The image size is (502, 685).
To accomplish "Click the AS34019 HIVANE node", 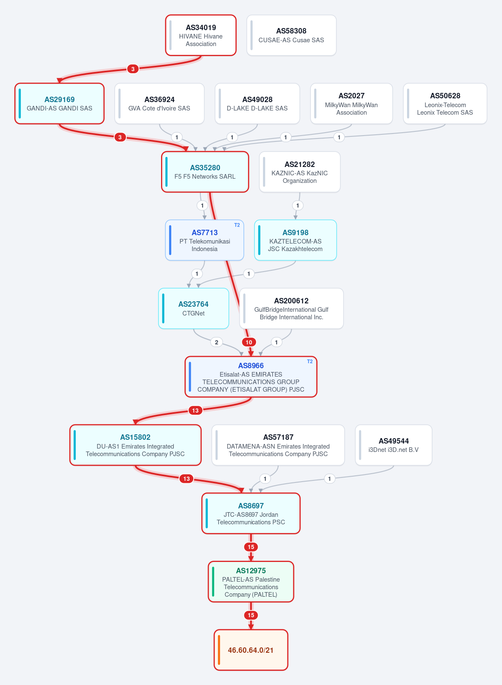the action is [201, 36].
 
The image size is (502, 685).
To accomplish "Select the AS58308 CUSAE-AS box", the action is [291, 36].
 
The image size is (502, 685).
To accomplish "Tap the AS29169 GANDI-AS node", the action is [59, 104].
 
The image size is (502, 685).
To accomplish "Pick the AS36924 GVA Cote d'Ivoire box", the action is [159, 104].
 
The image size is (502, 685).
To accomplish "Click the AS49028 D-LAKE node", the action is [257, 104].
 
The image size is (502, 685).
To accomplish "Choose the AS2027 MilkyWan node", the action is [351, 104].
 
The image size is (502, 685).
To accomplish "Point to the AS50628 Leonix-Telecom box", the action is [445, 104].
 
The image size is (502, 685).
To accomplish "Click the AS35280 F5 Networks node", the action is [205, 172].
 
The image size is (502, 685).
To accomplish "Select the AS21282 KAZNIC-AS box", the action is [300, 172].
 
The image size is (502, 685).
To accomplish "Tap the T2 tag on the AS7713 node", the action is [237, 225].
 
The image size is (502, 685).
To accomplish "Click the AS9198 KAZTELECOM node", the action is [295, 240].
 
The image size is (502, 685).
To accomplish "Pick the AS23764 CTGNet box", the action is [194, 308].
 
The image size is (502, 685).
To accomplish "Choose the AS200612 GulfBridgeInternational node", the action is [291, 308].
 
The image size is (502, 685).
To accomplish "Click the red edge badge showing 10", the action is [249, 342].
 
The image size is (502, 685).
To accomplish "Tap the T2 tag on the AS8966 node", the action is [310, 362].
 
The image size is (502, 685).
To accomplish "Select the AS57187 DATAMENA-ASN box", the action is [278, 445].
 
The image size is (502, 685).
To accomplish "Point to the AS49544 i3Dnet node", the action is [394, 445].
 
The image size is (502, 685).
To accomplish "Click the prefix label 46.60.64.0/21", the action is [251, 650].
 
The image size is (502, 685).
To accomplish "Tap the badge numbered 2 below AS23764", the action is [216, 342].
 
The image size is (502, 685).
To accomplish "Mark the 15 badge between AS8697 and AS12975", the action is [251, 547].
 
